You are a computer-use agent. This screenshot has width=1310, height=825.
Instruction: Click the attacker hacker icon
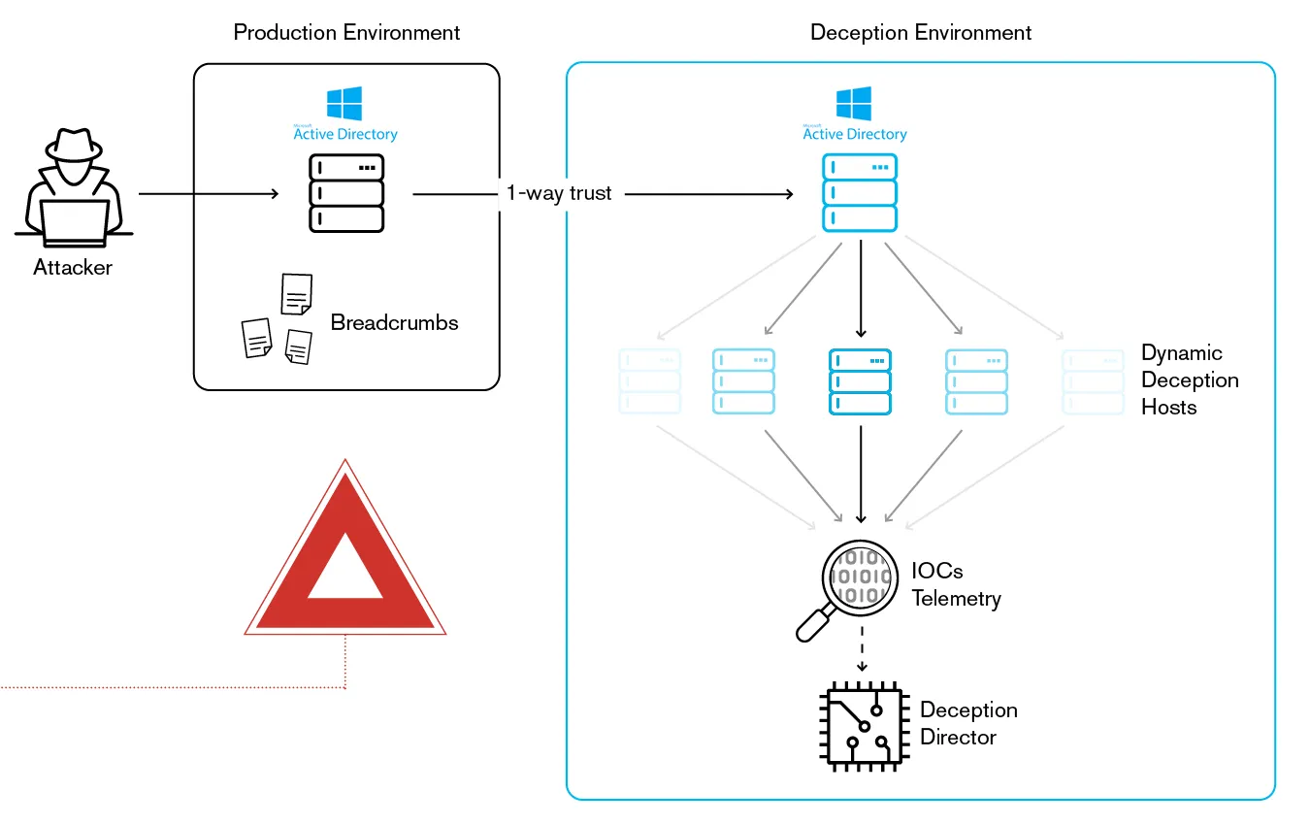click(74, 188)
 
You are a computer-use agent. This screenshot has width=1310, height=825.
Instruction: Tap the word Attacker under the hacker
click(73, 268)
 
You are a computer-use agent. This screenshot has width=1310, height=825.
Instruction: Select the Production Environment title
click(346, 33)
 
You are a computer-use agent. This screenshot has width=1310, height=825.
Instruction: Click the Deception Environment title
click(920, 33)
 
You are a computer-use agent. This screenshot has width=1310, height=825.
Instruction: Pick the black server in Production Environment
click(346, 194)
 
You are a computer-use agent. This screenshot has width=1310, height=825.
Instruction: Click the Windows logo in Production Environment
click(344, 104)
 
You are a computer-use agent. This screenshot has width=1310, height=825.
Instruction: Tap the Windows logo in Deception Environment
click(854, 104)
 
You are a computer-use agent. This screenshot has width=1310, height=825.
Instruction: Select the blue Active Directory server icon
click(860, 194)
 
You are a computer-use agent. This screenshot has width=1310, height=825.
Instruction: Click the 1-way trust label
click(559, 193)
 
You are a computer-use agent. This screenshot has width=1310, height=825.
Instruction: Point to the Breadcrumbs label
click(394, 322)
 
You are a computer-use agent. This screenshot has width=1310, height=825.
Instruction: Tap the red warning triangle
click(344, 553)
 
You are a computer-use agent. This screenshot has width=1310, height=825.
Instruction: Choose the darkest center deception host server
click(860, 381)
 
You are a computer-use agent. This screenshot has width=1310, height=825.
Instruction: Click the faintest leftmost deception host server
click(649, 381)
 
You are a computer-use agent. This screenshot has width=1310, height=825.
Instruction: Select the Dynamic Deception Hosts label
click(1190, 379)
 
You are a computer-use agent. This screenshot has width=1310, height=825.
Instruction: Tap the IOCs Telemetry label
click(956, 584)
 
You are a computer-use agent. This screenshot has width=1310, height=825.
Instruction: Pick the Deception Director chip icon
click(861, 725)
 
